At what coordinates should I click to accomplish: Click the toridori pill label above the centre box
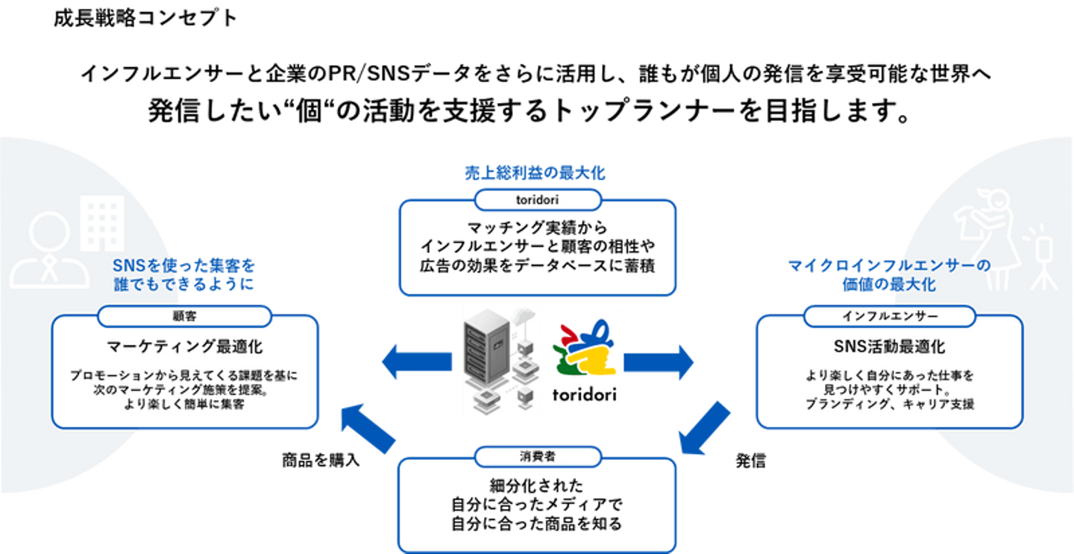coord(538,201)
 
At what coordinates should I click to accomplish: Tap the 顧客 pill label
coord(184,317)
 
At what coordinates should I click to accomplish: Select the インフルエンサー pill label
coord(889,317)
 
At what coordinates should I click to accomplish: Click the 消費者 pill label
coord(538,456)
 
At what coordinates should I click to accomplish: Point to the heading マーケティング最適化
coord(184,347)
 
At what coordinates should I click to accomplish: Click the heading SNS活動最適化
coord(889,347)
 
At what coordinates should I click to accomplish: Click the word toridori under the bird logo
coord(584,393)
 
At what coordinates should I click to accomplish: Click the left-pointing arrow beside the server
coord(415,361)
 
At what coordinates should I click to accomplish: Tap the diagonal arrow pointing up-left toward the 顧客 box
coord(367,428)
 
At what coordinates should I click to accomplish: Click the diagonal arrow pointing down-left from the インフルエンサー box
coord(704,428)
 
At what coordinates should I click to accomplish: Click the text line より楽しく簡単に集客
coord(184,405)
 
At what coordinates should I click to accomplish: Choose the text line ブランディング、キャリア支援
coord(889,405)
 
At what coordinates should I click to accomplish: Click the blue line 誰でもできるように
coord(184,284)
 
